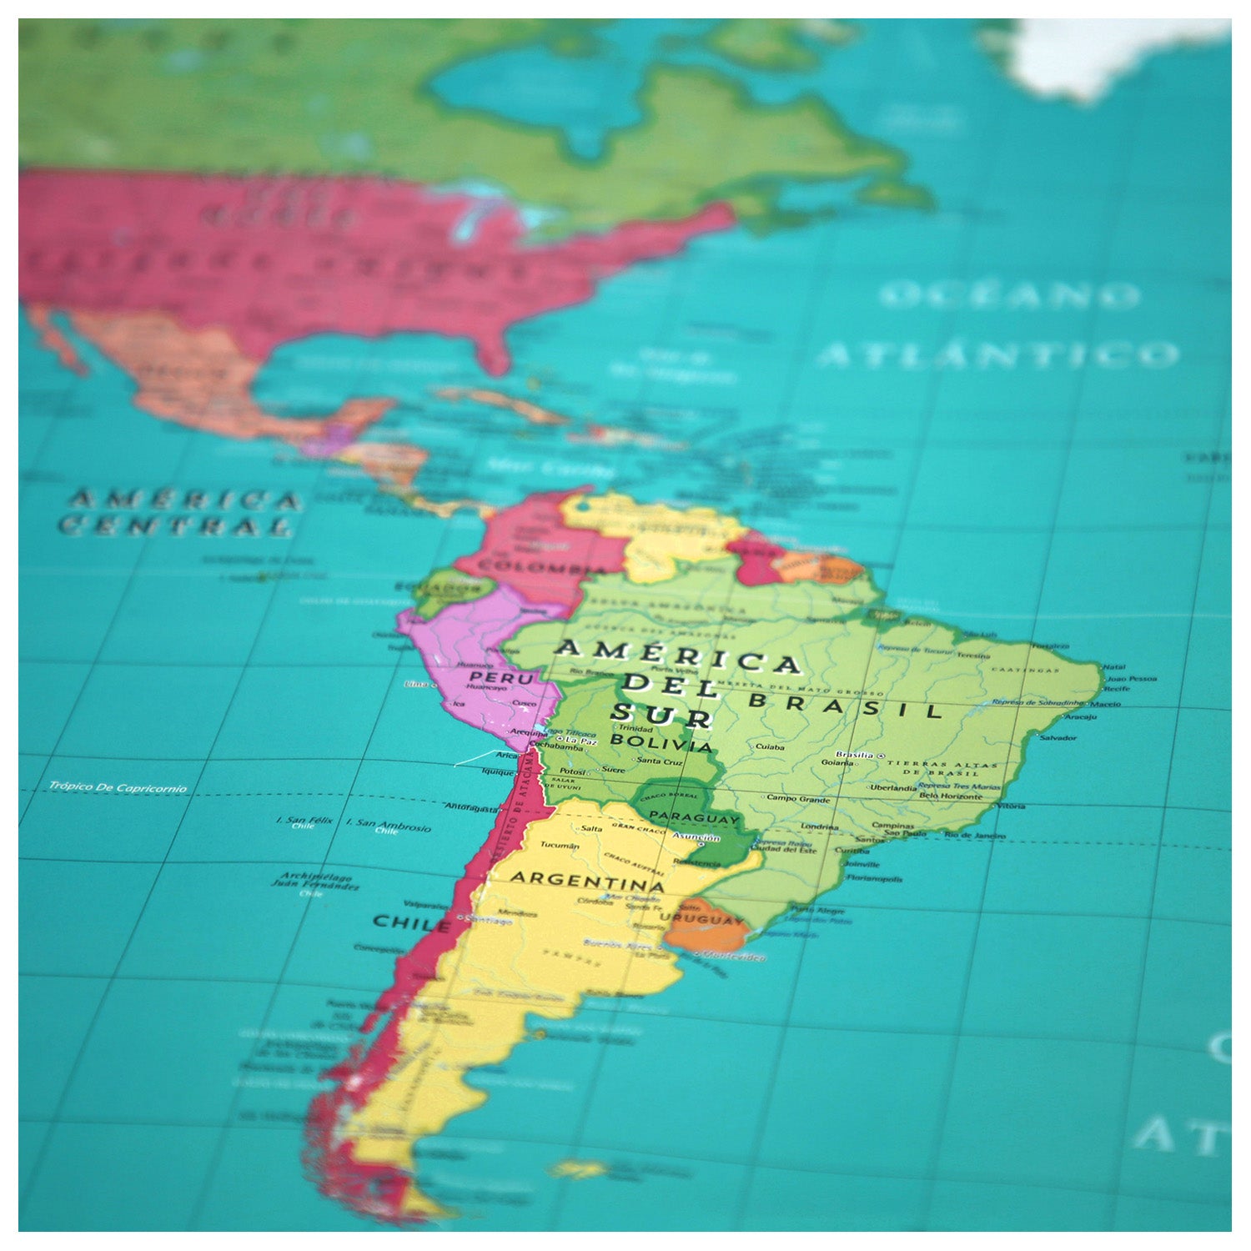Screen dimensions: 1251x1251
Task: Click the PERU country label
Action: click(501, 678)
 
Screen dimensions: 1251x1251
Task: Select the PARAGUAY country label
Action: click(694, 817)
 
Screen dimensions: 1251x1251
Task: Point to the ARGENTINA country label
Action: click(587, 881)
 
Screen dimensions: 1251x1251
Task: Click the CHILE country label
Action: click(412, 922)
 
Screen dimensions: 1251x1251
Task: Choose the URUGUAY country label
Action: click(701, 919)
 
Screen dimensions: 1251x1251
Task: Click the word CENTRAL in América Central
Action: click(175, 526)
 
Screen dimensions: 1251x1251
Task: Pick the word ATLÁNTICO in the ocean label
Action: click(999, 354)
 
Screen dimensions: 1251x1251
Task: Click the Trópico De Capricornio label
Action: click(118, 786)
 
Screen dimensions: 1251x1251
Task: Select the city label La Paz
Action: click(581, 740)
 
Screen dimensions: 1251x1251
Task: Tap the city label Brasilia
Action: click(854, 754)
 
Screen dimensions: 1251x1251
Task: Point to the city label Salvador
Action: click(1058, 737)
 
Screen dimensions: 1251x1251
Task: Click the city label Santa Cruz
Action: click(659, 761)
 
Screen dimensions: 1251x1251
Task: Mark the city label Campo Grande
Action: click(798, 798)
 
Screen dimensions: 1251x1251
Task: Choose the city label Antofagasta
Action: click(471, 806)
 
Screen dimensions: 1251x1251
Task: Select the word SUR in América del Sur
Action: click(661, 715)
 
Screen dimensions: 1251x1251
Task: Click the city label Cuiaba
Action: click(770, 747)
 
